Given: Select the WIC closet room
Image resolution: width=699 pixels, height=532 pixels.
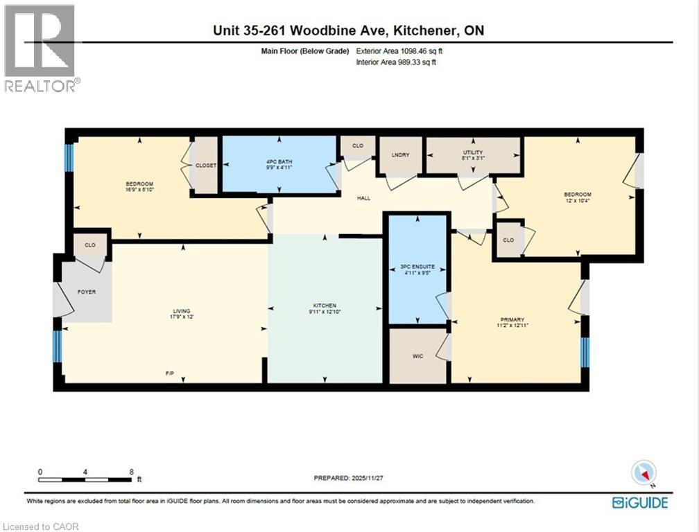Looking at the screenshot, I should tap(417, 356).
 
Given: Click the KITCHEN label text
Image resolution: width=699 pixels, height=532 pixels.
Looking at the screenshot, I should tap(325, 305).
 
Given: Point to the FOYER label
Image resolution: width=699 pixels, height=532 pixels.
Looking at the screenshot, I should tap(87, 292).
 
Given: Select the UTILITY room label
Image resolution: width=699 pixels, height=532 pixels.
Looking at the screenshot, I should tap(473, 152).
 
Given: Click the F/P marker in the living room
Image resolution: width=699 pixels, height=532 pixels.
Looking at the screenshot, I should tap(169, 374).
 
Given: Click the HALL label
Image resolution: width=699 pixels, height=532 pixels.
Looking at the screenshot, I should tap(363, 198).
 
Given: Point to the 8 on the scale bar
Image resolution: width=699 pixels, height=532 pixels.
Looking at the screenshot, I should tap(131, 471).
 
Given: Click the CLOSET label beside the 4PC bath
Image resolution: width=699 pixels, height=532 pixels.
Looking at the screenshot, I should tap(205, 166).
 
